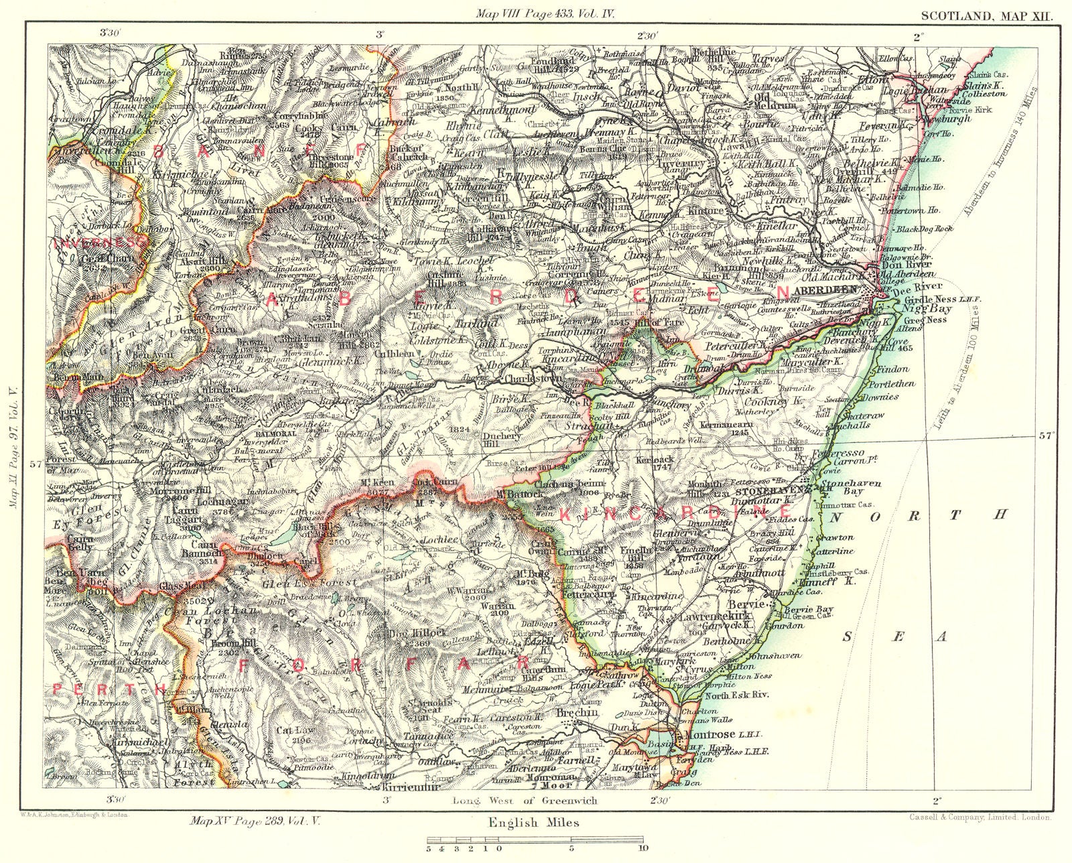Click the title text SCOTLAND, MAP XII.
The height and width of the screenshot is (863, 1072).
point(986,13)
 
